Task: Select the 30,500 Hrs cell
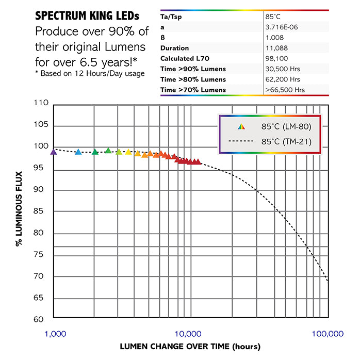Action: pyautogui.click(x=282, y=69)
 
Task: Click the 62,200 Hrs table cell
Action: pyautogui.click(x=282, y=79)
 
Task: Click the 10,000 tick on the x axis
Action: pyautogui.click(x=190, y=334)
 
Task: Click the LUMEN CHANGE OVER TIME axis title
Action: pyautogui.click(x=190, y=347)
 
